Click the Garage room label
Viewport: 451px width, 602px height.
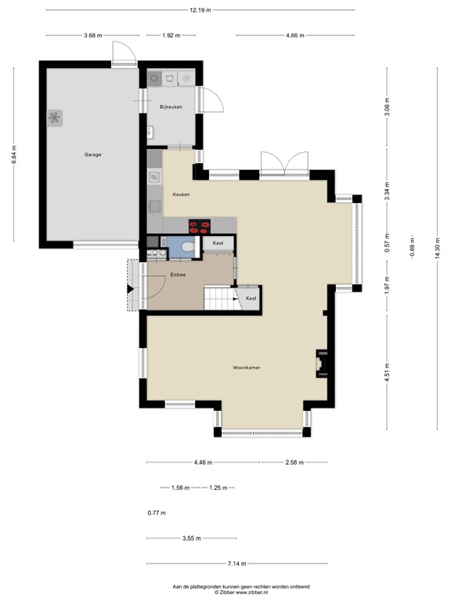pos(93,154)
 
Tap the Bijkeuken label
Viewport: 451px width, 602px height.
pos(171,107)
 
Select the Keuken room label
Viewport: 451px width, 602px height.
pos(181,194)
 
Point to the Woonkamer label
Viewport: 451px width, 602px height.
pos(246,368)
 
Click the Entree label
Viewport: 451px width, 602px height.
pos(178,275)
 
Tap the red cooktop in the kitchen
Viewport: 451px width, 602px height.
pos(200,226)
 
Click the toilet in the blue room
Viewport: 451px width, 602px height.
pos(188,246)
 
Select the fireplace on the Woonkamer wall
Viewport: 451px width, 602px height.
pos(322,363)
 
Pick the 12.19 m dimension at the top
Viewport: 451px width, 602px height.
pos(200,10)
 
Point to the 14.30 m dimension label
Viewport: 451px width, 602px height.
pos(438,248)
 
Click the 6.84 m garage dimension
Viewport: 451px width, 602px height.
pos(14,154)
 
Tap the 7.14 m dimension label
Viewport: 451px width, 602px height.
pos(236,564)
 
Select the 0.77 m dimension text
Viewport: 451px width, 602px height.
pos(157,513)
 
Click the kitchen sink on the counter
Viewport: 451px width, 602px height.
pos(154,177)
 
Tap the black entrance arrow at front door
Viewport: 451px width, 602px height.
pos(131,288)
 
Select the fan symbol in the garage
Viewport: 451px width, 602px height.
pos(55,118)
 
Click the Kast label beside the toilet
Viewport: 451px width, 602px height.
pos(218,243)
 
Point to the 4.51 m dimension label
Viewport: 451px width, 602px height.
pos(387,372)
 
